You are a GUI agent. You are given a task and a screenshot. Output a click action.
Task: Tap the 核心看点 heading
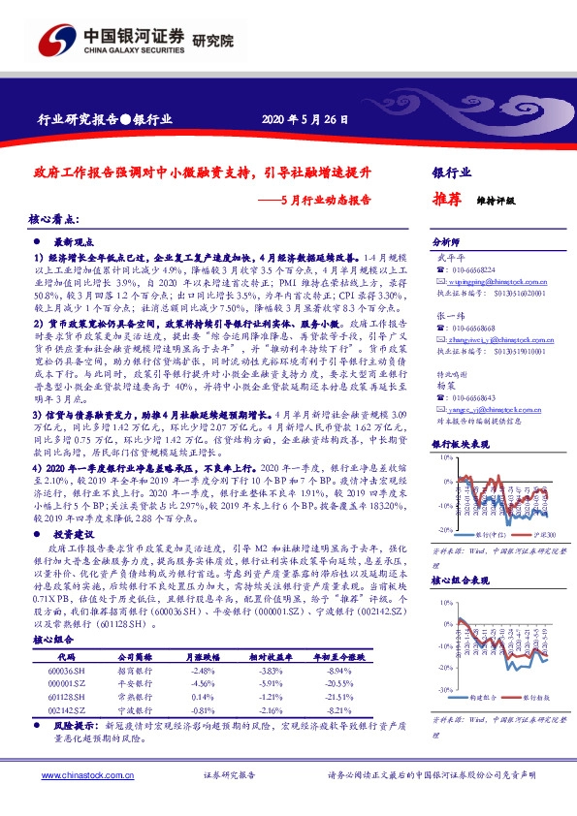tap(55, 221)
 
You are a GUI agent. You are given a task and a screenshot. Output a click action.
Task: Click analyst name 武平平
tap(444, 258)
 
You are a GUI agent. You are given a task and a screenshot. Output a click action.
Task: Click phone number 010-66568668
tap(472, 328)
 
